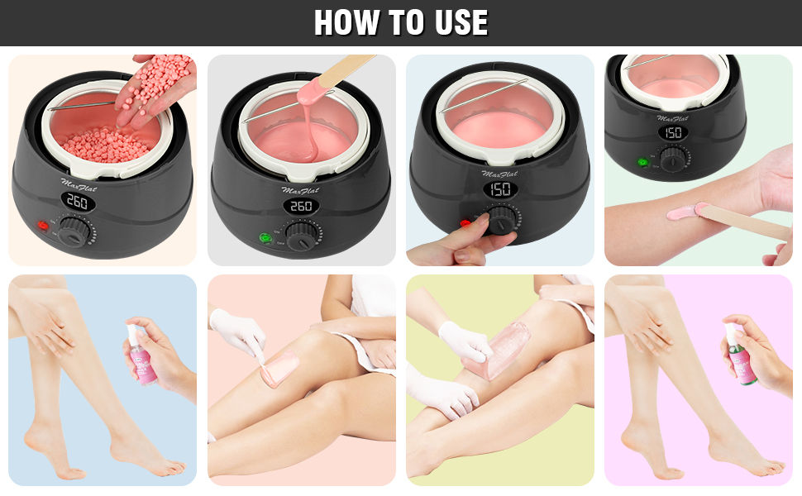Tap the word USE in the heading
(x=456, y=23)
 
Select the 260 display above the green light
(x=300, y=206)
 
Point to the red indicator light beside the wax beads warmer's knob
(x=40, y=226)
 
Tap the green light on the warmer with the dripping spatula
(x=264, y=239)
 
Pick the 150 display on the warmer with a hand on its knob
(x=499, y=189)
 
